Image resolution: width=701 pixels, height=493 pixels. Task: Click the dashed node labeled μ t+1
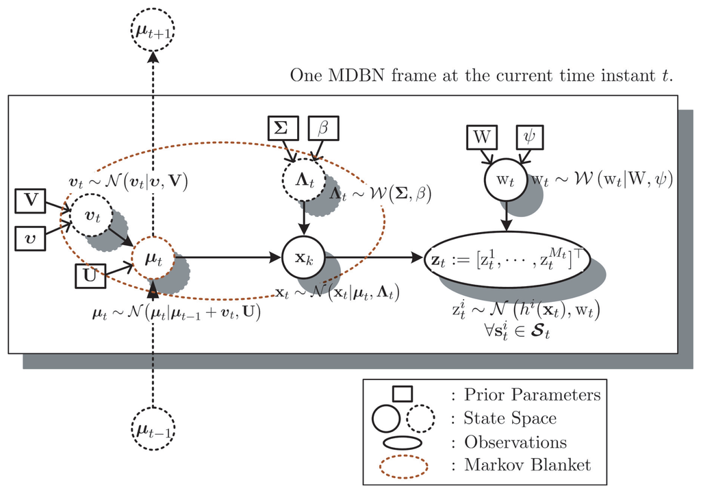tap(153, 30)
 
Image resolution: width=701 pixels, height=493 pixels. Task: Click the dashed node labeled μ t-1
tap(152, 431)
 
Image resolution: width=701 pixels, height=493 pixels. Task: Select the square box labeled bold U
tap(90, 278)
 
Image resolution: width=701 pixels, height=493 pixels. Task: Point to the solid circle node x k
tap(302, 258)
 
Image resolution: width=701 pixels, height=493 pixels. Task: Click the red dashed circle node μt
tap(153, 258)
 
